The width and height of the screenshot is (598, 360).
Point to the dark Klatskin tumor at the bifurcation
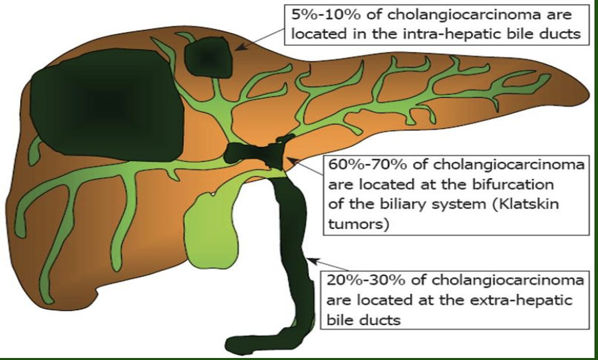click(253, 153)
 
